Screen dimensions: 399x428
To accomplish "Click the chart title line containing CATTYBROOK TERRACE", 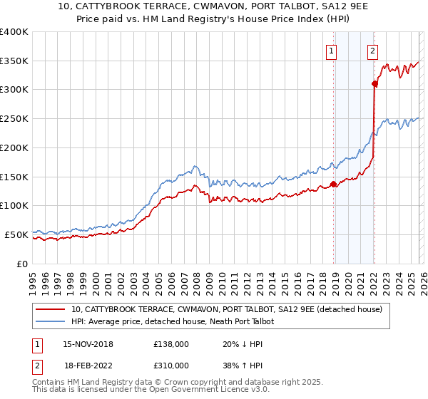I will click(213, 8).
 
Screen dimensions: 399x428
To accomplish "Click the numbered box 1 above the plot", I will click(332, 51).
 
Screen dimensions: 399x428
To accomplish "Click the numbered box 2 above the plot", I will click(373, 51).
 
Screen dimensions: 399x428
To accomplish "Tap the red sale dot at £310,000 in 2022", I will click(374, 83).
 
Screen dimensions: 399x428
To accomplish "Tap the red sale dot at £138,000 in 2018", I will click(333, 184).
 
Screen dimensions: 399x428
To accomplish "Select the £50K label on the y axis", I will click(16, 234).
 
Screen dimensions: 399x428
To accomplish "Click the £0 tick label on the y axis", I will click(21, 264).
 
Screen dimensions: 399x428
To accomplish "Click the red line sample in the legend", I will click(51, 309).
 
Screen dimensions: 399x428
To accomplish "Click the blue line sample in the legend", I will click(51, 321).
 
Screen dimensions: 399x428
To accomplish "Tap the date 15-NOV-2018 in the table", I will click(88, 344).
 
